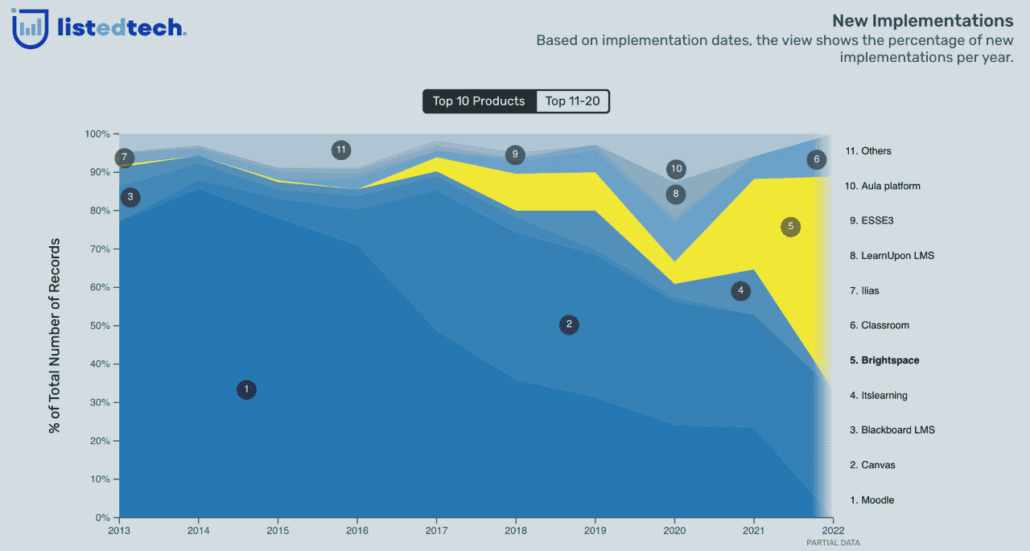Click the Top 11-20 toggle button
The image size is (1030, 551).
(x=571, y=101)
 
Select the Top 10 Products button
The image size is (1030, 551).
(x=479, y=101)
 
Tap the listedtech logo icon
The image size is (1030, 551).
(x=30, y=29)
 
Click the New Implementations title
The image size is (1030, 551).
(x=922, y=21)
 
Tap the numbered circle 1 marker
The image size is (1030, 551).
(x=247, y=389)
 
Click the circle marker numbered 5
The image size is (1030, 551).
(x=790, y=227)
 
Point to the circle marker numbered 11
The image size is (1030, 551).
(x=341, y=150)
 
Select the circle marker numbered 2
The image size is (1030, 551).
(x=569, y=325)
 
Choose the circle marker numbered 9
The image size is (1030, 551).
(x=516, y=155)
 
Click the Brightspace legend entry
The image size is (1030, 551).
(x=884, y=360)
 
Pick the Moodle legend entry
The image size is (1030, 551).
(x=871, y=500)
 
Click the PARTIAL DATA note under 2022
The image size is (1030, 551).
(x=833, y=543)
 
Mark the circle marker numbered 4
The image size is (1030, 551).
(x=740, y=291)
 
